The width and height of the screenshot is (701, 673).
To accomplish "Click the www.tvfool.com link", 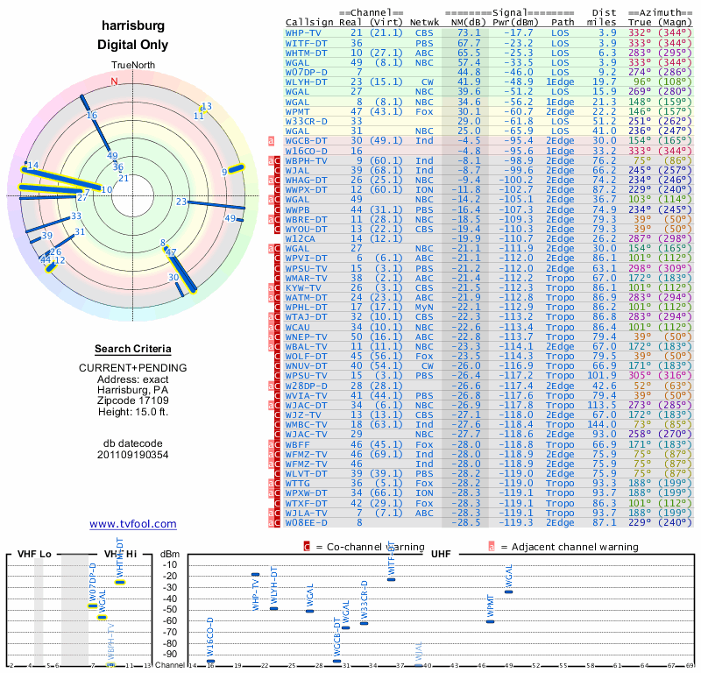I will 133,524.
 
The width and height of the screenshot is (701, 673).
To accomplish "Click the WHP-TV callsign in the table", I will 303,32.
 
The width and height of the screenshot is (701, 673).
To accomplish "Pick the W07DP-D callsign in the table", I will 307,71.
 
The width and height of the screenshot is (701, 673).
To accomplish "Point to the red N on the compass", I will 114,81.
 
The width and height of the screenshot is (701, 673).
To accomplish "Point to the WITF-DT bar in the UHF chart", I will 391,579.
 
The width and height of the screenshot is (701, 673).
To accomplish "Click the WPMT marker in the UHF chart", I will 491,621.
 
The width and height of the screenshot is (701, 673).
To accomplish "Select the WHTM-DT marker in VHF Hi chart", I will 120,582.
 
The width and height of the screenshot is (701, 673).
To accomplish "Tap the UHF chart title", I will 440,555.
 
